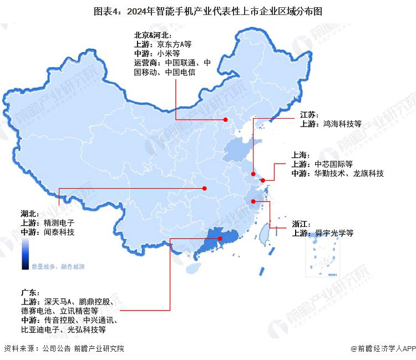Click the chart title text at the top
tap(207, 11)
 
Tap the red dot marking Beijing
tap(225, 120)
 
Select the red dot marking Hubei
tap(204, 189)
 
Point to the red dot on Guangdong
tap(221, 239)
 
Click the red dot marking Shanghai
tap(263, 180)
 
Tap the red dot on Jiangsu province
tap(253, 174)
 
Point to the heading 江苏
tap(309, 114)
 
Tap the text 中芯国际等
tap(333, 164)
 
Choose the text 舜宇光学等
tap(333, 233)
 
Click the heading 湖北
tap(30, 214)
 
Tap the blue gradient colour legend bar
tap(26, 257)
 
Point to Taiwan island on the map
tap(265, 232)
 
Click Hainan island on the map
tap(193, 268)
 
